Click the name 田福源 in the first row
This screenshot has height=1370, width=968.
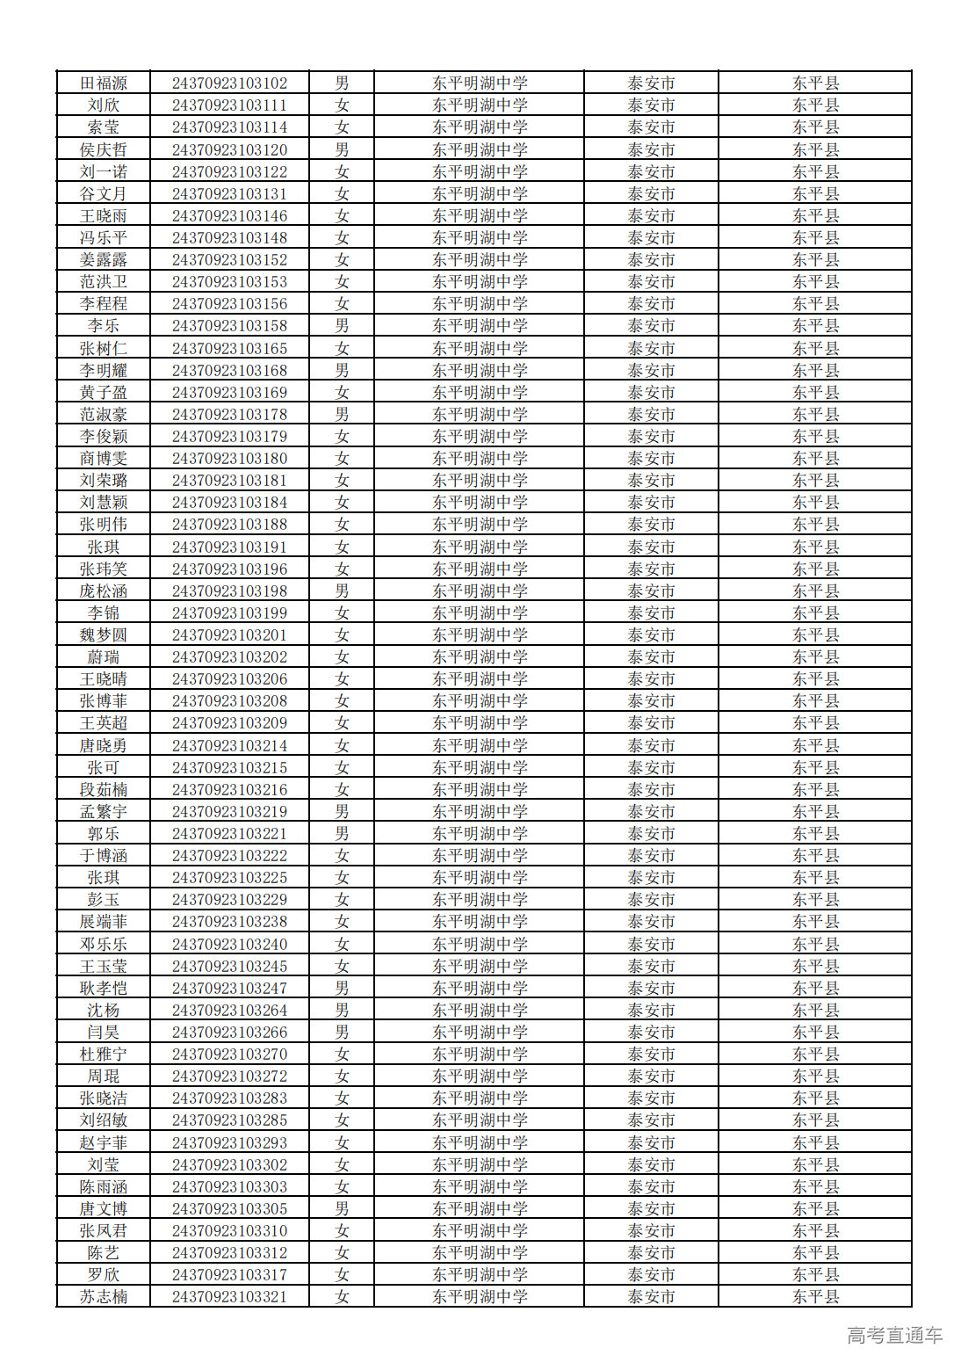tap(104, 83)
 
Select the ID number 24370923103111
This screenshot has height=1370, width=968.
tap(229, 105)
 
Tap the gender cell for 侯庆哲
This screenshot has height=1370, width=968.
tap(342, 149)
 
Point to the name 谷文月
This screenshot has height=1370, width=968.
tap(104, 193)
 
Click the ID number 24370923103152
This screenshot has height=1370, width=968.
tap(229, 260)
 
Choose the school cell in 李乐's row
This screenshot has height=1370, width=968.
tap(480, 326)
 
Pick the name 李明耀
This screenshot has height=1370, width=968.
tap(104, 370)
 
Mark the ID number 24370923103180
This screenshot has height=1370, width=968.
tap(229, 459)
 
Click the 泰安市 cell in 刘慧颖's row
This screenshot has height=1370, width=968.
tap(651, 503)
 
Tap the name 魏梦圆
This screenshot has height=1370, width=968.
tap(104, 634)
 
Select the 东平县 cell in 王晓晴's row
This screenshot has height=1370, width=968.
tap(815, 679)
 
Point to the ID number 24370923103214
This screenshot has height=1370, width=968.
tap(229, 745)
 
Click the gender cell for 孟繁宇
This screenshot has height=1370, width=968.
tap(342, 811)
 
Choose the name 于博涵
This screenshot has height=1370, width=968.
tap(104, 856)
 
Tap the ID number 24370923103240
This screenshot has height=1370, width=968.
tap(229, 944)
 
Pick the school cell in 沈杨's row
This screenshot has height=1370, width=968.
tap(480, 1011)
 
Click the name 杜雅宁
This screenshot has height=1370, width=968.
tap(104, 1055)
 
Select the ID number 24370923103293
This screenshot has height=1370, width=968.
tap(229, 1142)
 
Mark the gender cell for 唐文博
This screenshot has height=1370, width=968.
tap(342, 1209)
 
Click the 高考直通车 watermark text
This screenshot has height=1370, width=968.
tap(894, 1336)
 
